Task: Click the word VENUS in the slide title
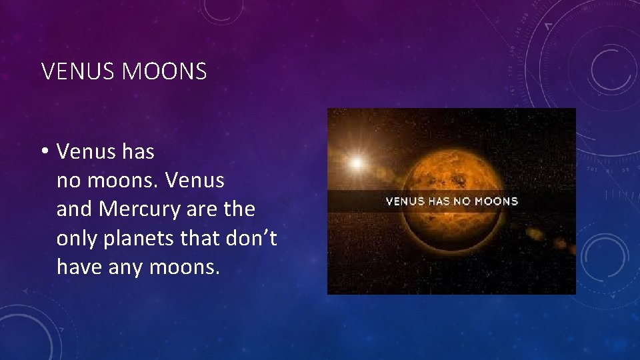78,72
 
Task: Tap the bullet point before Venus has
45,152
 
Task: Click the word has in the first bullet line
138,152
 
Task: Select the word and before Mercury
75,209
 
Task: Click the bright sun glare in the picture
357,163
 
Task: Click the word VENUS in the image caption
405,201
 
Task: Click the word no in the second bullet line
67,181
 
